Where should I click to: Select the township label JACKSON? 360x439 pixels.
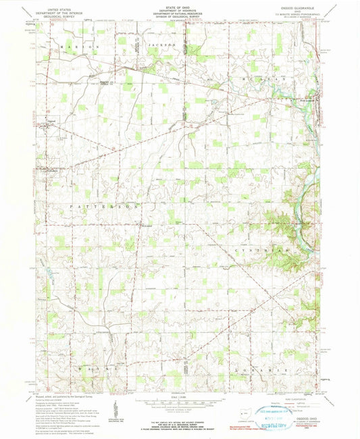(163, 45)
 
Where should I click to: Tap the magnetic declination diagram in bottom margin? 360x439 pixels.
(118, 409)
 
